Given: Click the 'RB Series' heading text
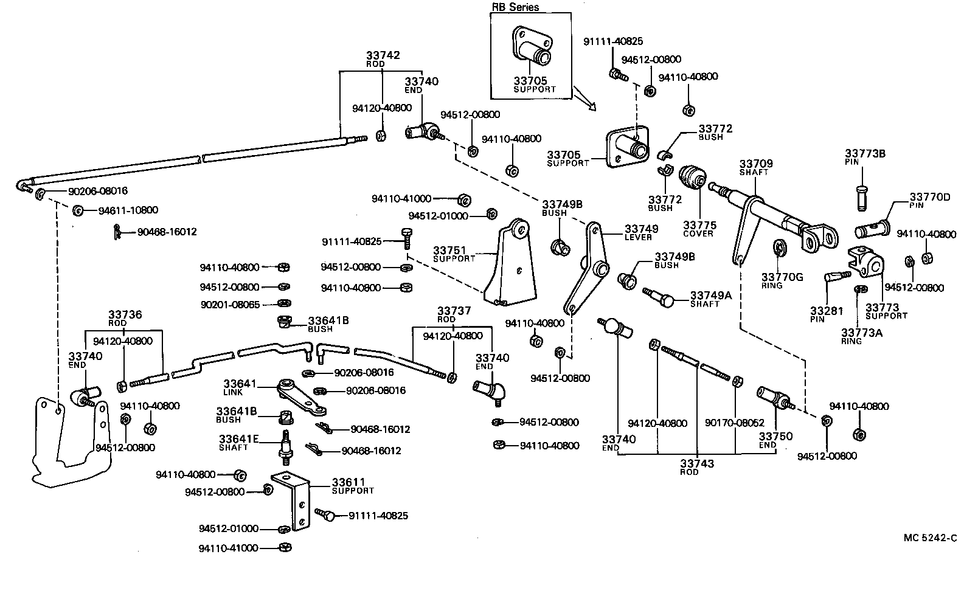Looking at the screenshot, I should (x=515, y=8).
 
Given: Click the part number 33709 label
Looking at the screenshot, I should (x=756, y=164).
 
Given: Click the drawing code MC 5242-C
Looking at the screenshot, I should (x=930, y=538).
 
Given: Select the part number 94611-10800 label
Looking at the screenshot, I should (x=128, y=210).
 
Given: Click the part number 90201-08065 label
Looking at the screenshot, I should (x=231, y=303).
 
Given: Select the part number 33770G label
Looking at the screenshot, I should (x=782, y=277).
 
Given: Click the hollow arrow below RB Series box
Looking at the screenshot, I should (x=585, y=100).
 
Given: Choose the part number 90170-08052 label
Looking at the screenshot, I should (x=735, y=423).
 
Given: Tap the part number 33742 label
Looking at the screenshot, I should (x=383, y=55).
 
